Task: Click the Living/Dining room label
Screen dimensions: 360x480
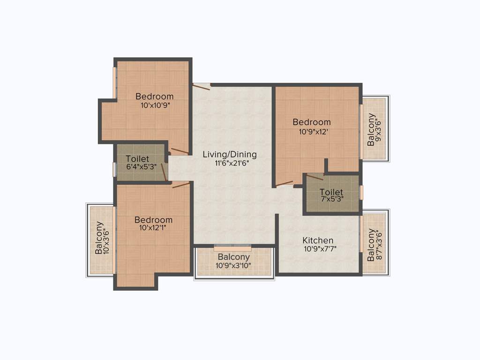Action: click(x=230, y=154)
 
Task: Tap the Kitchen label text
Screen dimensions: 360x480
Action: click(x=318, y=240)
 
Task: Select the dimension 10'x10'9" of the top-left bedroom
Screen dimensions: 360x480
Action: click(x=155, y=105)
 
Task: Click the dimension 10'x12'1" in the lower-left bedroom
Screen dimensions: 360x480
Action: click(x=153, y=228)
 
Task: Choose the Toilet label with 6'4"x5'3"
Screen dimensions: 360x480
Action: click(x=137, y=159)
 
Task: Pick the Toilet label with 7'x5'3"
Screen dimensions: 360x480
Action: click(x=331, y=192)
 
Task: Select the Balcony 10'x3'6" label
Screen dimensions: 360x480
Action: click(x=99, y=238)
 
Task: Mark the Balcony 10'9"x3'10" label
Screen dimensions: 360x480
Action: click(x=233, y=257)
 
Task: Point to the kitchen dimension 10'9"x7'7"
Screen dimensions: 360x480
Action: click(x=320, y=249)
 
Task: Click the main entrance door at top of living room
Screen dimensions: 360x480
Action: click(x=201, y=85)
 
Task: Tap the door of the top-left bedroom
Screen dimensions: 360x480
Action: click(x=180, y=151)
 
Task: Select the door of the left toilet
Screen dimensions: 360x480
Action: click(x=164, y=172)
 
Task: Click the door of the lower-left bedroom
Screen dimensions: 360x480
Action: click(x=180, y=185)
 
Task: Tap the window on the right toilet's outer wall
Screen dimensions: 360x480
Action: click(x=361, y=193)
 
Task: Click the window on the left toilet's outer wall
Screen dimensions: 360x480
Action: click(x=114, y=169)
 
